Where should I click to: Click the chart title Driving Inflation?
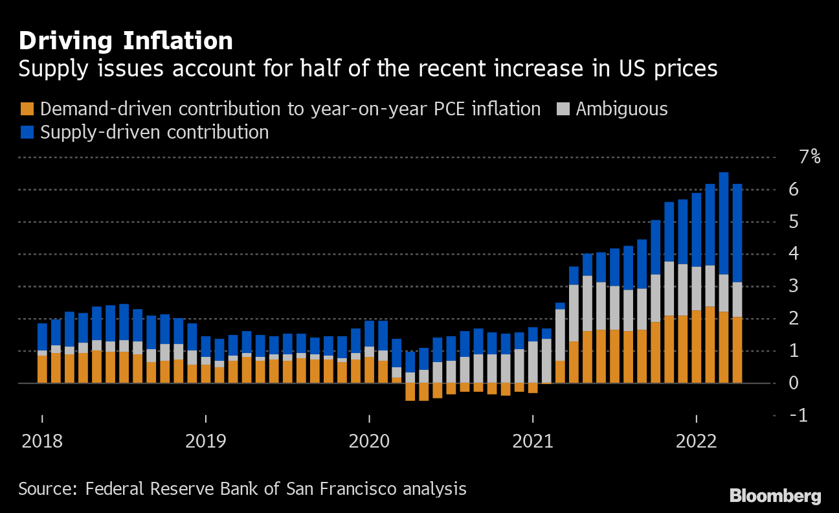pos(126,41)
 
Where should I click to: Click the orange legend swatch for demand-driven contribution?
pos(27,109)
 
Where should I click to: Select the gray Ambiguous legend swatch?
pos(563,109)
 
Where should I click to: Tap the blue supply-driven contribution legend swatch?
pos(27,132)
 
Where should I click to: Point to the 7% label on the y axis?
pos(809,157)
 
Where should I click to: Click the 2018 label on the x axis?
pos(42,442)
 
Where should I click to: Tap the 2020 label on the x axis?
pos(369,442)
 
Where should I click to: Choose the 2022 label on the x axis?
pos(696,442)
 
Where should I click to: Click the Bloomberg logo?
pos(775,497)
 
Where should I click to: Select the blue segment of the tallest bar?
pos(724,223)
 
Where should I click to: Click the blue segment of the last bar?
pos(737,233)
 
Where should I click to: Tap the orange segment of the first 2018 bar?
pos(42,369)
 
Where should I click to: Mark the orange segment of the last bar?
pos(737,350)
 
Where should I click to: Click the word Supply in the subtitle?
pos(49,69)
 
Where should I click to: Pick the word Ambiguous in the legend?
pos(621,109)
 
